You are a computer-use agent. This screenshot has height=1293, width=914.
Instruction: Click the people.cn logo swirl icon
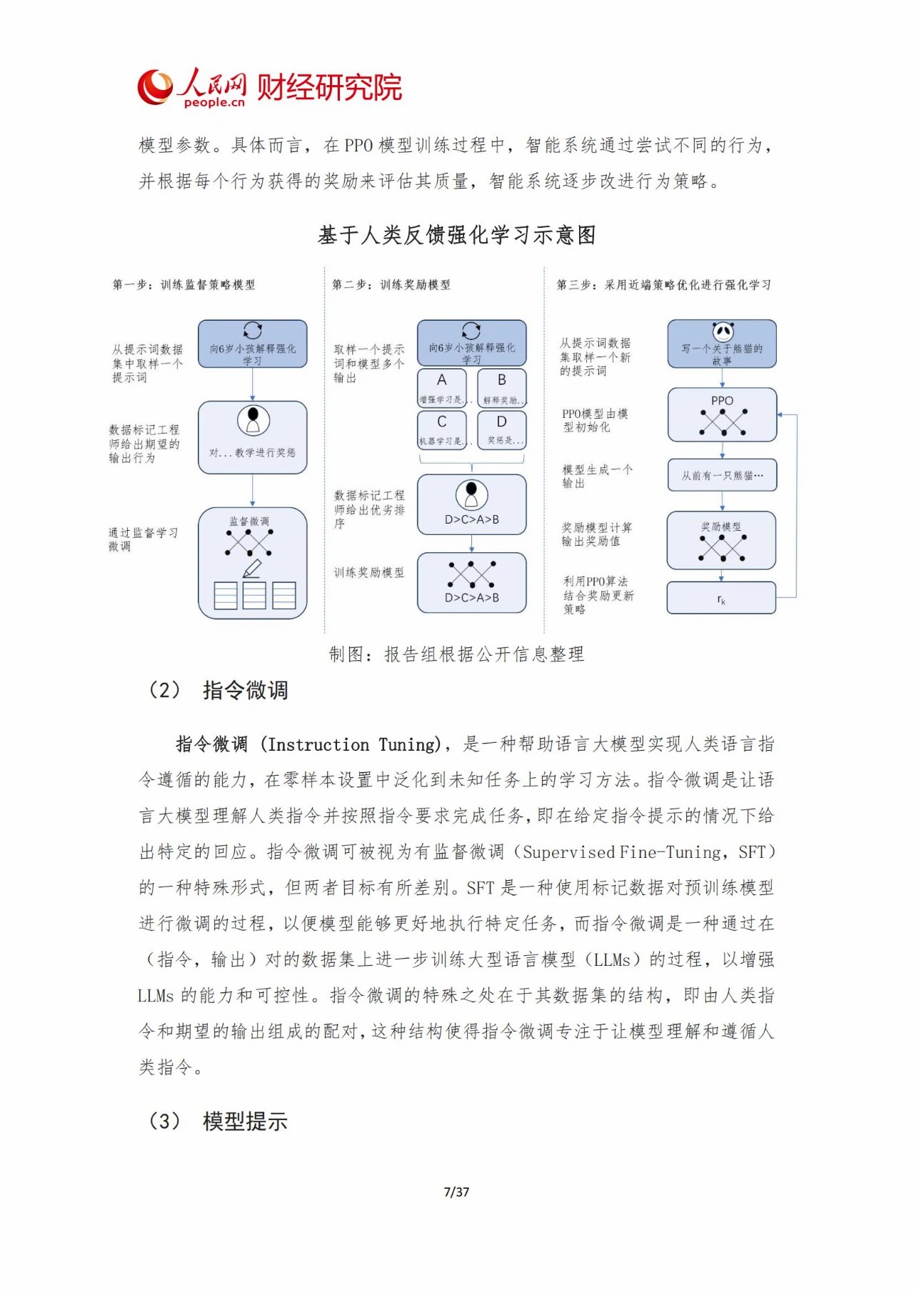[155, 87]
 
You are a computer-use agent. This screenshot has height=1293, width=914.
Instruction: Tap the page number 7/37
[456, 1192]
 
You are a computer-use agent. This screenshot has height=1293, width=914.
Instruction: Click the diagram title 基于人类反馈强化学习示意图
[457, 235]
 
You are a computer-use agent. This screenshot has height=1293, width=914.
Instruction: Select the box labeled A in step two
[442, 387]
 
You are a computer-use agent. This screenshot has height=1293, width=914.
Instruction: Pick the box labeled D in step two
[502, 429]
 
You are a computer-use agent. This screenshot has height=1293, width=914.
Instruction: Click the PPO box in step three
[722, 415]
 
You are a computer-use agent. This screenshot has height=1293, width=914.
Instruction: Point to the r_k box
[721, 599]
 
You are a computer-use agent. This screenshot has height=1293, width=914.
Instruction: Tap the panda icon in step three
[723, 331]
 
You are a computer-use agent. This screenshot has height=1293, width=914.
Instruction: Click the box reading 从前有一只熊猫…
[722, 475]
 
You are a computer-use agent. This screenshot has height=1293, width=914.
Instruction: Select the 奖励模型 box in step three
[721, 540]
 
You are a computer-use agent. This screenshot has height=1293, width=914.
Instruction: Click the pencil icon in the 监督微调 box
[252, 569]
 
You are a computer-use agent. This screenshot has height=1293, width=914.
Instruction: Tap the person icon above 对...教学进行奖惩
[253, 420]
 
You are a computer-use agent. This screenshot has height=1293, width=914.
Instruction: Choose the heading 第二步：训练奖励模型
[391, 285]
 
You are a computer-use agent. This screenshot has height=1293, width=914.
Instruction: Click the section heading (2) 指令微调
[218, 690]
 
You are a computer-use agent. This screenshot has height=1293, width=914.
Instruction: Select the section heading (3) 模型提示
[218, 1122]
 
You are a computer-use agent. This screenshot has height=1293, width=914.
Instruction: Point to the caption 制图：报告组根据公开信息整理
[456, 654]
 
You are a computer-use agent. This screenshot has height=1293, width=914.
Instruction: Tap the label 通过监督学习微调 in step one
[143, 539]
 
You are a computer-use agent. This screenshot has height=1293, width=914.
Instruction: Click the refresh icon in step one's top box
[253, 330]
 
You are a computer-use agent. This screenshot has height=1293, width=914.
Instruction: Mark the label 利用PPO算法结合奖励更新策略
[598, 595]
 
